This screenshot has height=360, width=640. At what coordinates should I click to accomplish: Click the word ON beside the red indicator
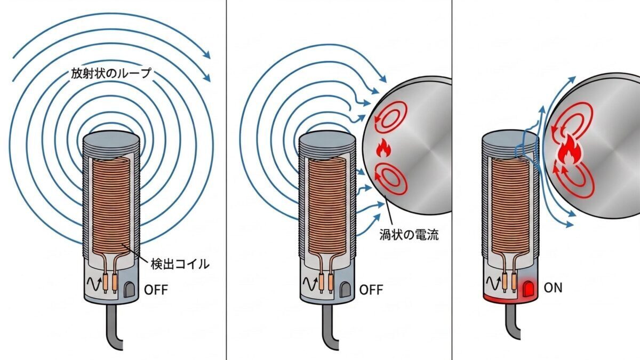[553, 289]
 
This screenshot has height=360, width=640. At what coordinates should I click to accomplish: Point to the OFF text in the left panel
[156, 290]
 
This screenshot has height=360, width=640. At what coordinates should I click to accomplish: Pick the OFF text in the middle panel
[371, 290]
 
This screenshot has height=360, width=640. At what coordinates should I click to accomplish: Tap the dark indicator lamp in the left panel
[130, 290]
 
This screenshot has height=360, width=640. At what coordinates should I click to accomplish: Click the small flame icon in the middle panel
[383, 148]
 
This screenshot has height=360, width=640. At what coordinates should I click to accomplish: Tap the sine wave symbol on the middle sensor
[310, 285]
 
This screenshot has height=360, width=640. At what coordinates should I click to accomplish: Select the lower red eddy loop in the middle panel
[392, 180]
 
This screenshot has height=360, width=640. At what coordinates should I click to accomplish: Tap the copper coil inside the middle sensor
[326, 203]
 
